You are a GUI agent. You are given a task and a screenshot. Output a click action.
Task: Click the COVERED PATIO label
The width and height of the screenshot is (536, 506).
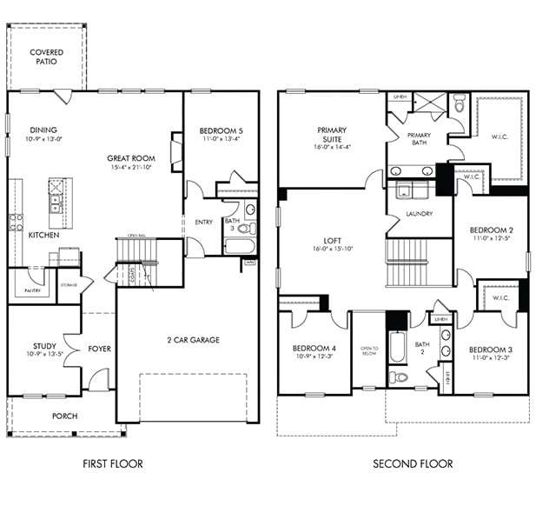[46, 57]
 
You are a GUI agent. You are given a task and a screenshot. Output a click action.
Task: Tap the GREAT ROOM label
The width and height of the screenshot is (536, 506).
[131, 158]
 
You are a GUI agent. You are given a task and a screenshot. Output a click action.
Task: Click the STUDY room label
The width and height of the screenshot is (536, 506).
[45, 346]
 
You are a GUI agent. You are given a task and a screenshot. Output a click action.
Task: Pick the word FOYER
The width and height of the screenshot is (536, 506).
[99, 350]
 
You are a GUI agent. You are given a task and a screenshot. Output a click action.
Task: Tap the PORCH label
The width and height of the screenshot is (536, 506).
[64, 416]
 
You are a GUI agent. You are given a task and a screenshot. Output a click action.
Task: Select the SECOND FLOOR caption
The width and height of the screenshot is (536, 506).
[413, 464]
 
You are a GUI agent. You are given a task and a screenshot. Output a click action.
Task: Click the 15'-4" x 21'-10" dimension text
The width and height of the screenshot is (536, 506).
[131, 167]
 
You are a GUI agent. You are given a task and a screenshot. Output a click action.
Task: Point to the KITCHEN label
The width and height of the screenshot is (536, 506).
[44, 236]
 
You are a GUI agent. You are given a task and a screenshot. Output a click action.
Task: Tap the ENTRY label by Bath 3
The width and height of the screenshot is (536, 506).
[204, 222]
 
